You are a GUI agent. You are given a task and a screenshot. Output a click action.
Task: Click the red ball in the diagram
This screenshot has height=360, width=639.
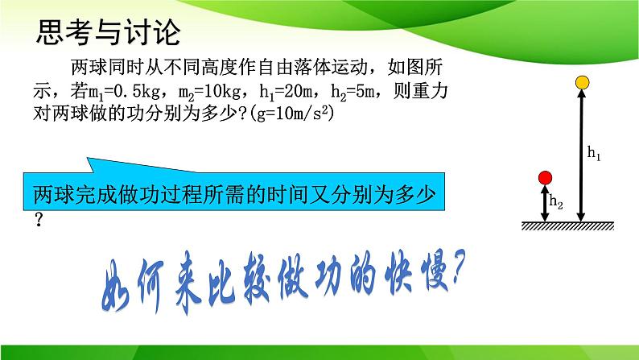point(545,177)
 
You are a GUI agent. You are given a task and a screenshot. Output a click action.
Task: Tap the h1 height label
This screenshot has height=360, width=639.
point(595,152)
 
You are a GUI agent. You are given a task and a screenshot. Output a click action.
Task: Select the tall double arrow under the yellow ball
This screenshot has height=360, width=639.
point(581,153)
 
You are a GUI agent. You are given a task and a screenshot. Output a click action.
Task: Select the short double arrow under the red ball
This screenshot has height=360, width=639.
point(545,202)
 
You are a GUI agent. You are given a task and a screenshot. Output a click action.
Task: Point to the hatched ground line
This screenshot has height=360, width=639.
point(563,226)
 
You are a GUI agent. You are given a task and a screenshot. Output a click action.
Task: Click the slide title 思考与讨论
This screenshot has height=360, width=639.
point(109,34)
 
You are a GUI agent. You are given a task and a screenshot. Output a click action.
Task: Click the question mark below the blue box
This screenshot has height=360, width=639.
point(38,220)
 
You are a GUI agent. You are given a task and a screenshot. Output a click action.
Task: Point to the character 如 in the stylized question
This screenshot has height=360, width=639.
point(125,283)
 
